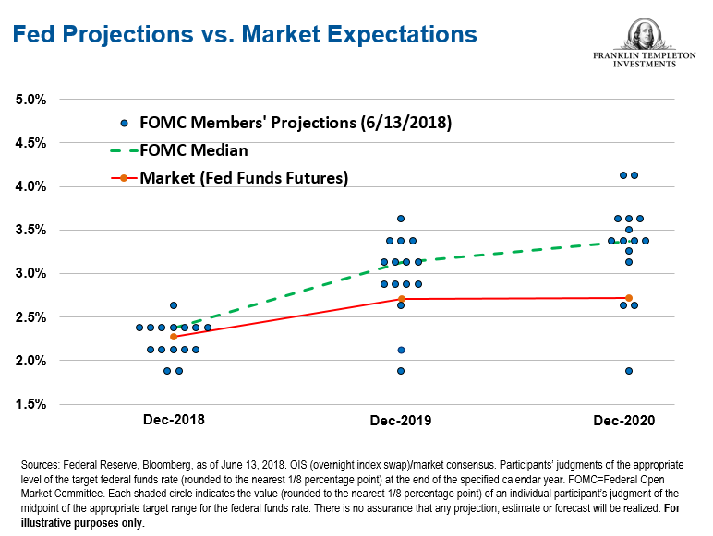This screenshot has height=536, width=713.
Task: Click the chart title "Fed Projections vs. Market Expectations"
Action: click(244, 34)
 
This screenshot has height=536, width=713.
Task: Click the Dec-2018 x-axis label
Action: click(174, 420)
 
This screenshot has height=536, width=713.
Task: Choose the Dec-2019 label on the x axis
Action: click(400, 420)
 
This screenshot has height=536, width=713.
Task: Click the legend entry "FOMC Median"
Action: click(193, 150)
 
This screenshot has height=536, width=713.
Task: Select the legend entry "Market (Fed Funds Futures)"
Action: click(243, 178)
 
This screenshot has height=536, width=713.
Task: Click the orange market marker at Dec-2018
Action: click(174, 337)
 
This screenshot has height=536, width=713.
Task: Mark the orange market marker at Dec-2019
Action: click(401, 299)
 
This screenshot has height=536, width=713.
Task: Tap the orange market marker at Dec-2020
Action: click(629, 298)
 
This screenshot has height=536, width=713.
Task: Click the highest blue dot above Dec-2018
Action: click(174, 305)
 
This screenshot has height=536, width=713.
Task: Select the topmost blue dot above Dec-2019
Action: click(401, 219)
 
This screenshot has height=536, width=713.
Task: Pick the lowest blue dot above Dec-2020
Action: click(629, 371)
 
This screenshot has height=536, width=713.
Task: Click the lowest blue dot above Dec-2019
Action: click(401, 371)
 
